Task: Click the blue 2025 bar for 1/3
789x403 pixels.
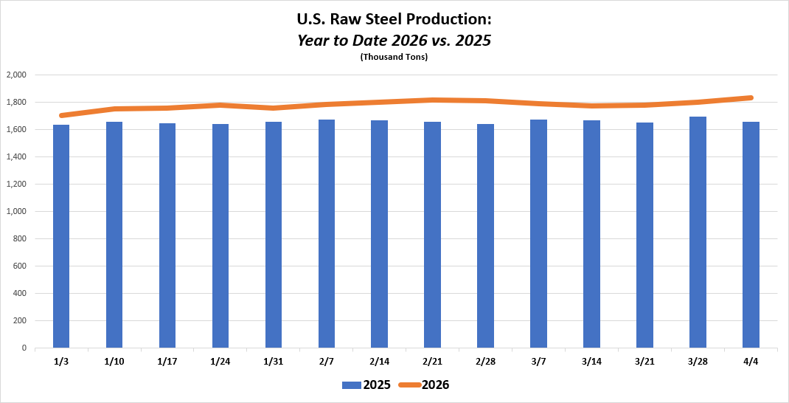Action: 61,236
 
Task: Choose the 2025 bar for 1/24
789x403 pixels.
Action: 220,235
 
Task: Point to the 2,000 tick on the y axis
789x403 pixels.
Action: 16,75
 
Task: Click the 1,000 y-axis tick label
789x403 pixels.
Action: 16,211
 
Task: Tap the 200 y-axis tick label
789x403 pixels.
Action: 19,320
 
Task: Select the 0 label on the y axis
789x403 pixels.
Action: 24,348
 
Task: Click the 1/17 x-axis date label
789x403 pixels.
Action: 167,362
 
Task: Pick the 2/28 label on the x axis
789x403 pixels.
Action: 485,362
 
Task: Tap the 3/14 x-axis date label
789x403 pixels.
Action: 591,362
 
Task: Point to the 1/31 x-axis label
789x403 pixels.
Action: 274,362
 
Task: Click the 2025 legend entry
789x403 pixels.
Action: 366,385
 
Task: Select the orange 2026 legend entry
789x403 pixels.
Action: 424,385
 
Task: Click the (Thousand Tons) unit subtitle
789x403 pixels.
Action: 394,57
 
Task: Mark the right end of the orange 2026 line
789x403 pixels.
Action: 751,97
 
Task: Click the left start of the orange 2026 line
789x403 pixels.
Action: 61,115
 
